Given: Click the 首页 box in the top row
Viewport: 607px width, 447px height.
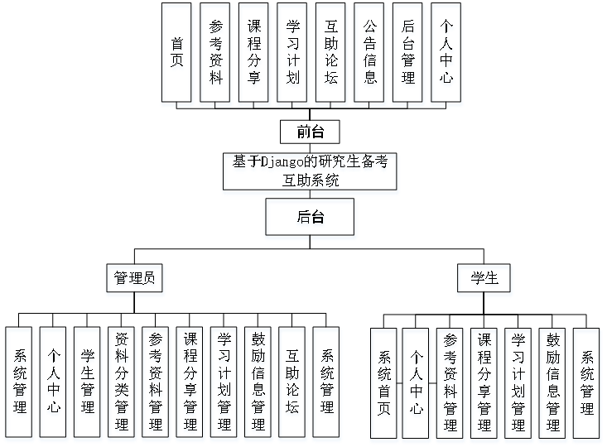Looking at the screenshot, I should click(x=177, y=51).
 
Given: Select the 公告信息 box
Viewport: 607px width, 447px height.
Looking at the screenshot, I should click(x=369, y=51).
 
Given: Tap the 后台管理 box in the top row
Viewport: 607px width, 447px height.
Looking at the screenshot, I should click(x=407, y=51).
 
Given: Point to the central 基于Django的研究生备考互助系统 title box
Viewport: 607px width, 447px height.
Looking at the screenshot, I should click(x=310, y=170).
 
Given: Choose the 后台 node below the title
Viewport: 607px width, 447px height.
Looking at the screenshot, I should click(x=310, y=218).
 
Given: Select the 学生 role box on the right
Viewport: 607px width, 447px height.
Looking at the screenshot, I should click(x=485, y=279).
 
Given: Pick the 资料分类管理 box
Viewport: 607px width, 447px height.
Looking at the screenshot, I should click(x=122, y=381).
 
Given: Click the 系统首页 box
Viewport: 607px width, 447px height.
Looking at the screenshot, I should click(x=384, y=382).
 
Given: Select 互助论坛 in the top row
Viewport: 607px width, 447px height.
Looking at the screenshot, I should click(x=331, y=51).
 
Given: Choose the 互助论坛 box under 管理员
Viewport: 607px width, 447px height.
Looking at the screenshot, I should click(x=292, y=381).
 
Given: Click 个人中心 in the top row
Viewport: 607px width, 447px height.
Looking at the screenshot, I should click(x=446, y=51).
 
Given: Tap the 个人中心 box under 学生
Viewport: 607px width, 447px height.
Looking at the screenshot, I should click(x=417, y=382).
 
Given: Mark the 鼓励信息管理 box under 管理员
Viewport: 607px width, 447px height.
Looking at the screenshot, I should click(x=258, y=381).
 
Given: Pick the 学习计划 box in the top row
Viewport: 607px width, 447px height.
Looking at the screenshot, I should click(x=292, y=51).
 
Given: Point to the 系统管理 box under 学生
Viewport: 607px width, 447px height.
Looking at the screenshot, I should click(x=587, y=382).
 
